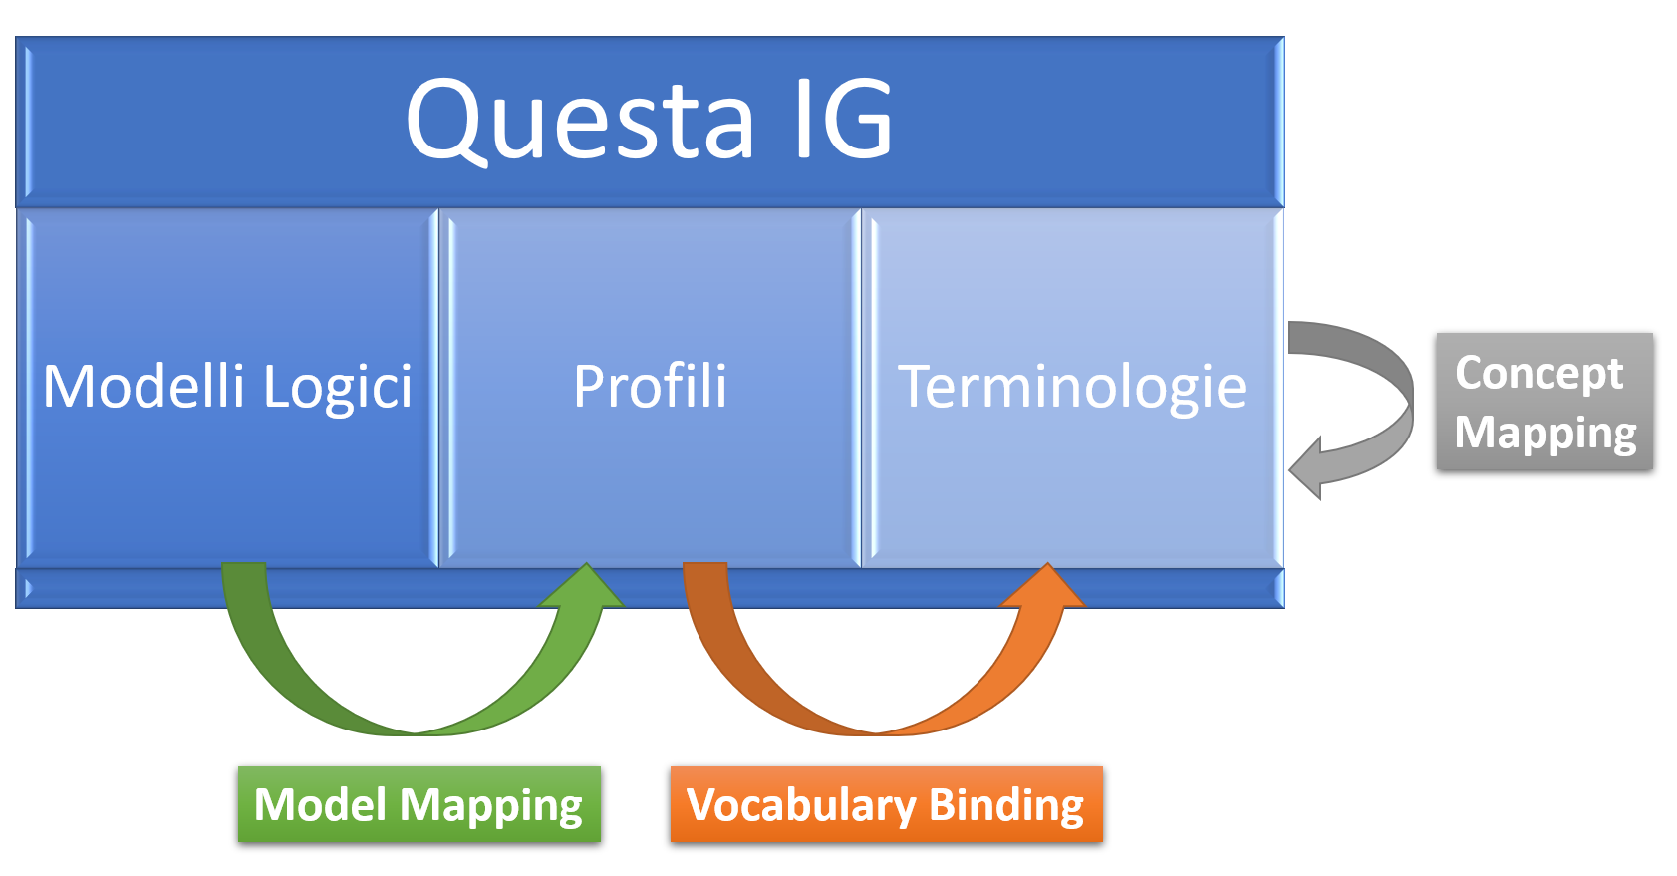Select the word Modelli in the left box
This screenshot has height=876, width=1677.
(x=143, y=387)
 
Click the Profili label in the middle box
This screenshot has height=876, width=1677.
(x=650, y=387)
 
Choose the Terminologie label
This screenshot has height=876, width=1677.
(x=1072, y=387)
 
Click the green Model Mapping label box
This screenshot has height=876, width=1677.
(x=419, y=804)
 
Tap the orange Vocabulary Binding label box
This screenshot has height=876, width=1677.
(x=886, y=804)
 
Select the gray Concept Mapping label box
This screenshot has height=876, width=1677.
(x=1544, y=401)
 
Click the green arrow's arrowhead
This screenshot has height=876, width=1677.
(x=584, y=588)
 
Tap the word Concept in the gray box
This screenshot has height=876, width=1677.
(x=1539, y=373)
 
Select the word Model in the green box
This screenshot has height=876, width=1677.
(x=320, y=804)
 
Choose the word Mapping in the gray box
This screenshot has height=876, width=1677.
(x=1545, y=433)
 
